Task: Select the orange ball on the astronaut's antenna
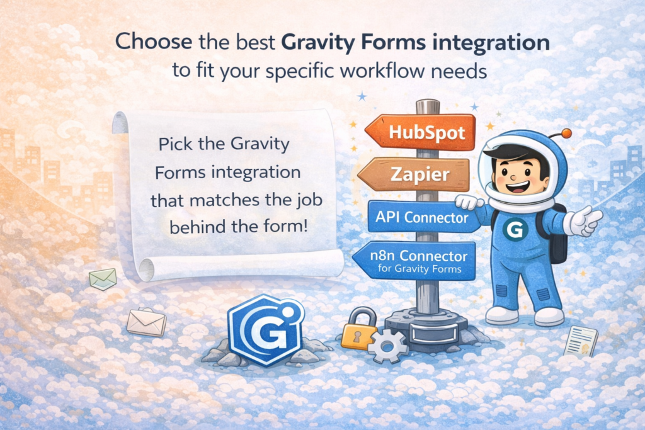pyautogui.click(x=566, y=133)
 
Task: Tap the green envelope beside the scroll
pyautogui.click(x=103, y=278)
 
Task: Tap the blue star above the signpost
pyautogui.click(x=362, y=96)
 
